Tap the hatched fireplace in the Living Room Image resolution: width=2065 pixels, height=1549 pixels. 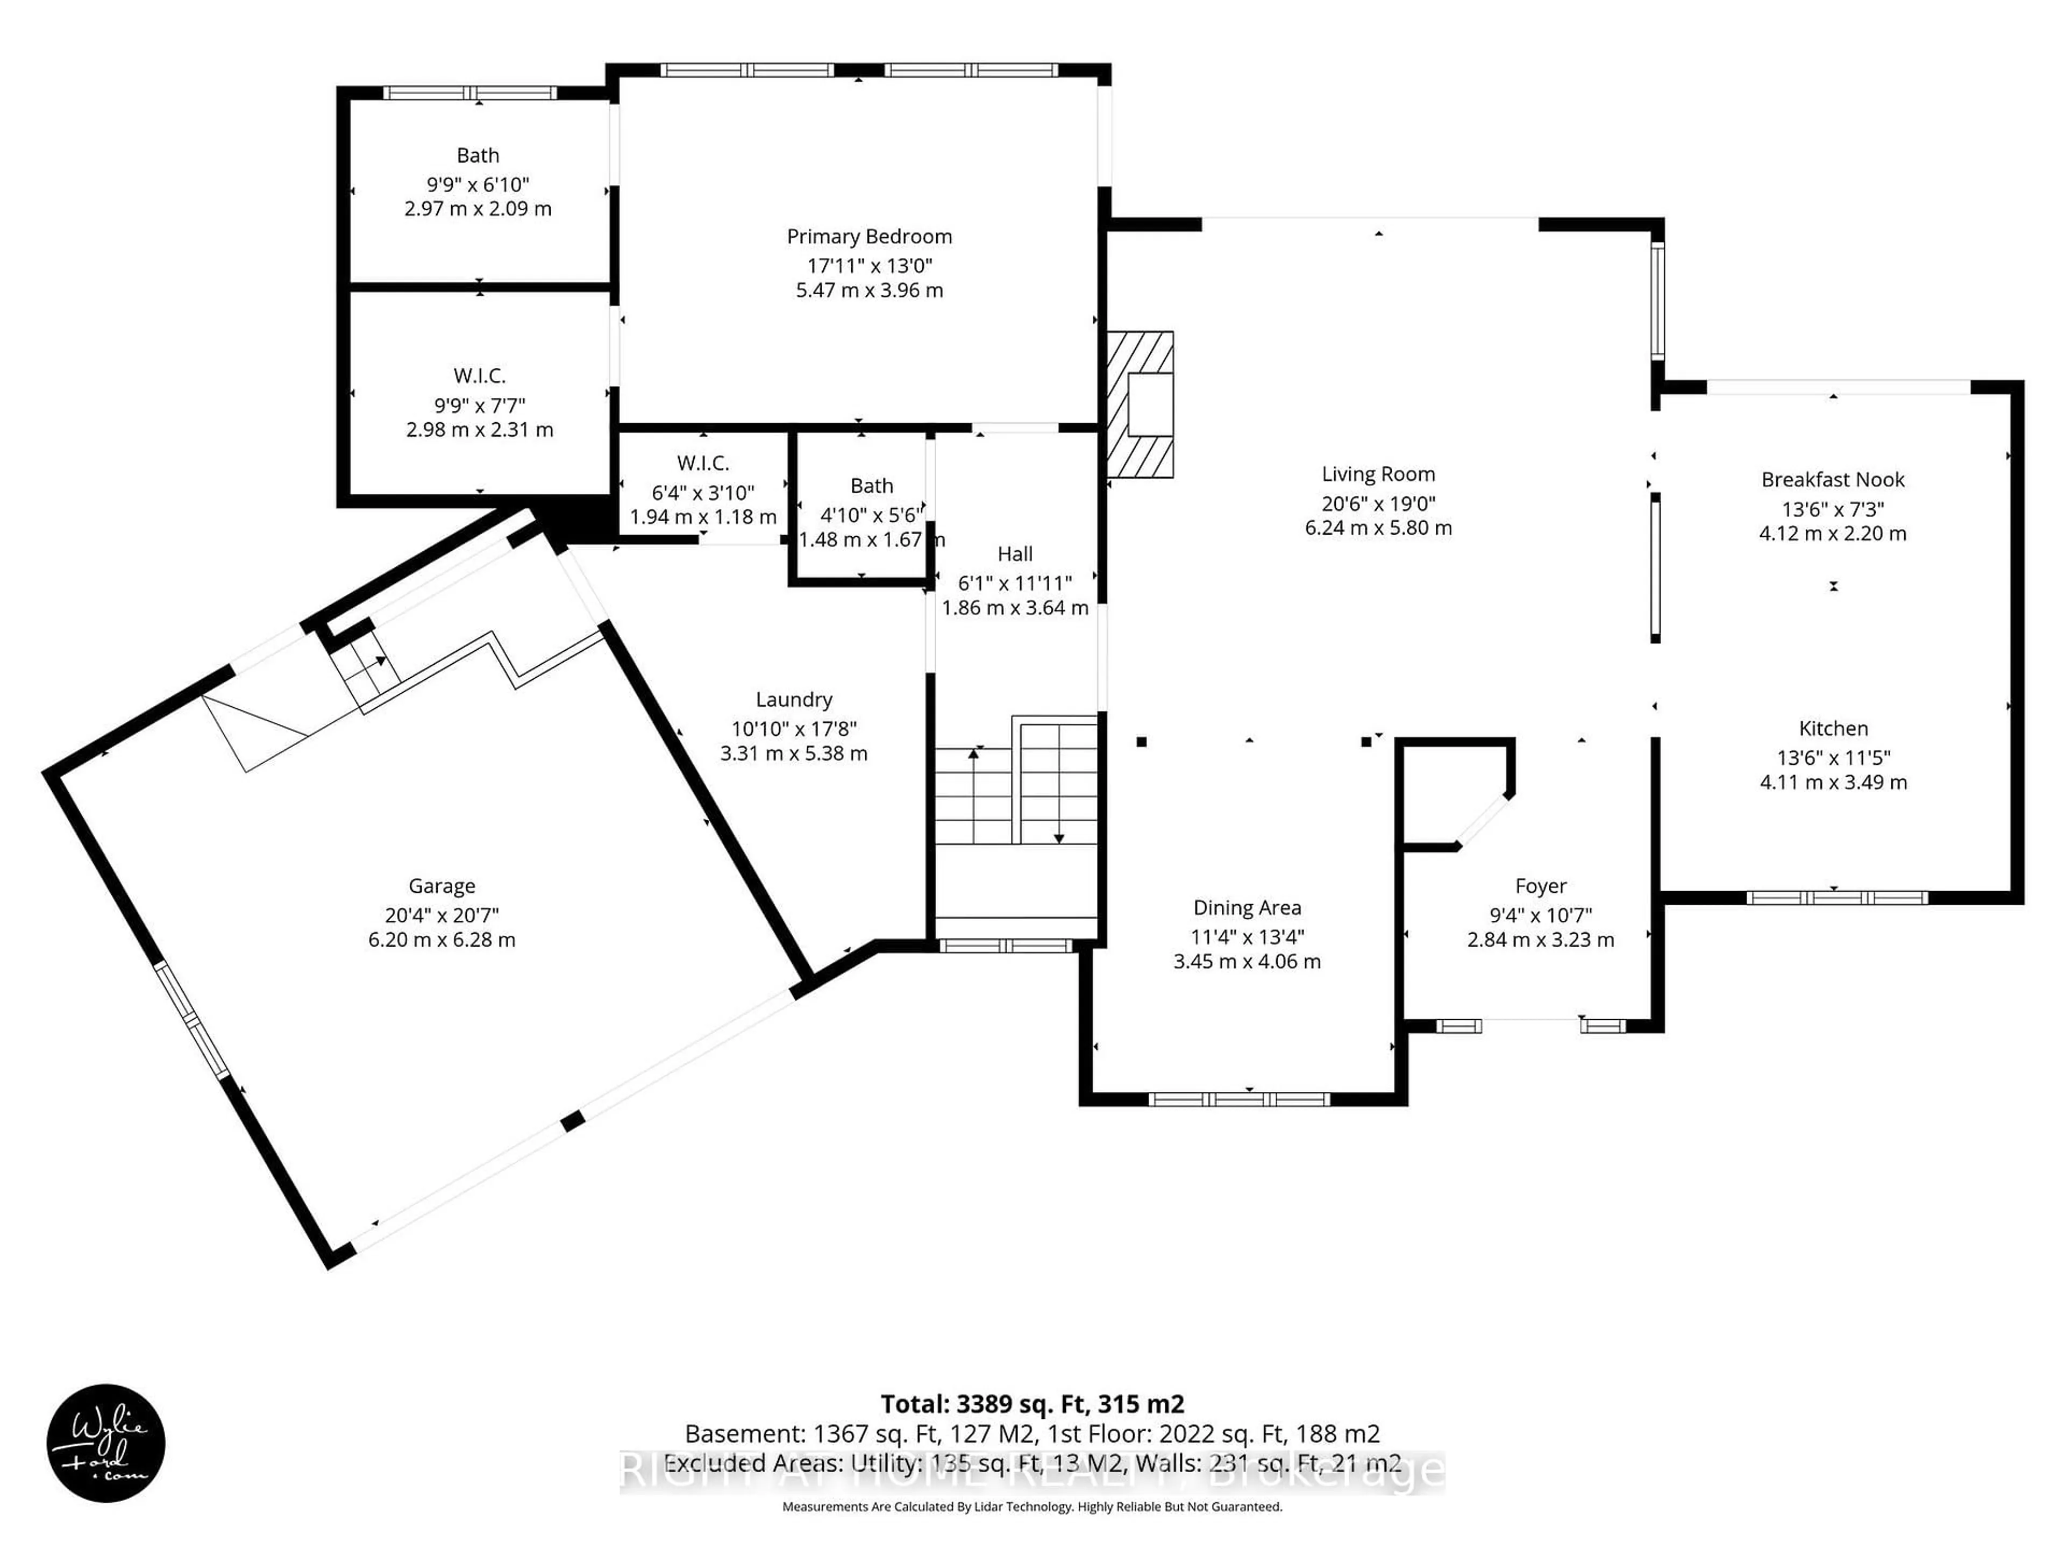coord(1140,405)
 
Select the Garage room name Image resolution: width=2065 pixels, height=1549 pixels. coord(442,885)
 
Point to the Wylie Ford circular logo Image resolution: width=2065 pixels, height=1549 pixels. coord(105,1443)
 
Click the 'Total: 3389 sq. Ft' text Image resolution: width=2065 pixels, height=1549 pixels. coord(1031,1403)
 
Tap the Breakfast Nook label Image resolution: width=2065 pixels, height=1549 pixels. coord(1832,479)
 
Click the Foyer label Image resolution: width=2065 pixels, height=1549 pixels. coord(1540,885)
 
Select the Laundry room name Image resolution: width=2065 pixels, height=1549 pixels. coord(794,699)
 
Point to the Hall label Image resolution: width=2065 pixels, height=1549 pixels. coord(1015,553)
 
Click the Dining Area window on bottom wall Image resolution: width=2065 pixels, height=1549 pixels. coord(1239,1099)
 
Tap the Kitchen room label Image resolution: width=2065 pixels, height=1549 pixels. coord(1833,728)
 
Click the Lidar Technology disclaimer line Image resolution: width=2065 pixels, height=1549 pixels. coord(1031,1506)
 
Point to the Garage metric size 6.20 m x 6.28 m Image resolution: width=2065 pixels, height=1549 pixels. coord(442,939)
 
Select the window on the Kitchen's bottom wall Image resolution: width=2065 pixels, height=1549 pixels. coord(1836,897)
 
